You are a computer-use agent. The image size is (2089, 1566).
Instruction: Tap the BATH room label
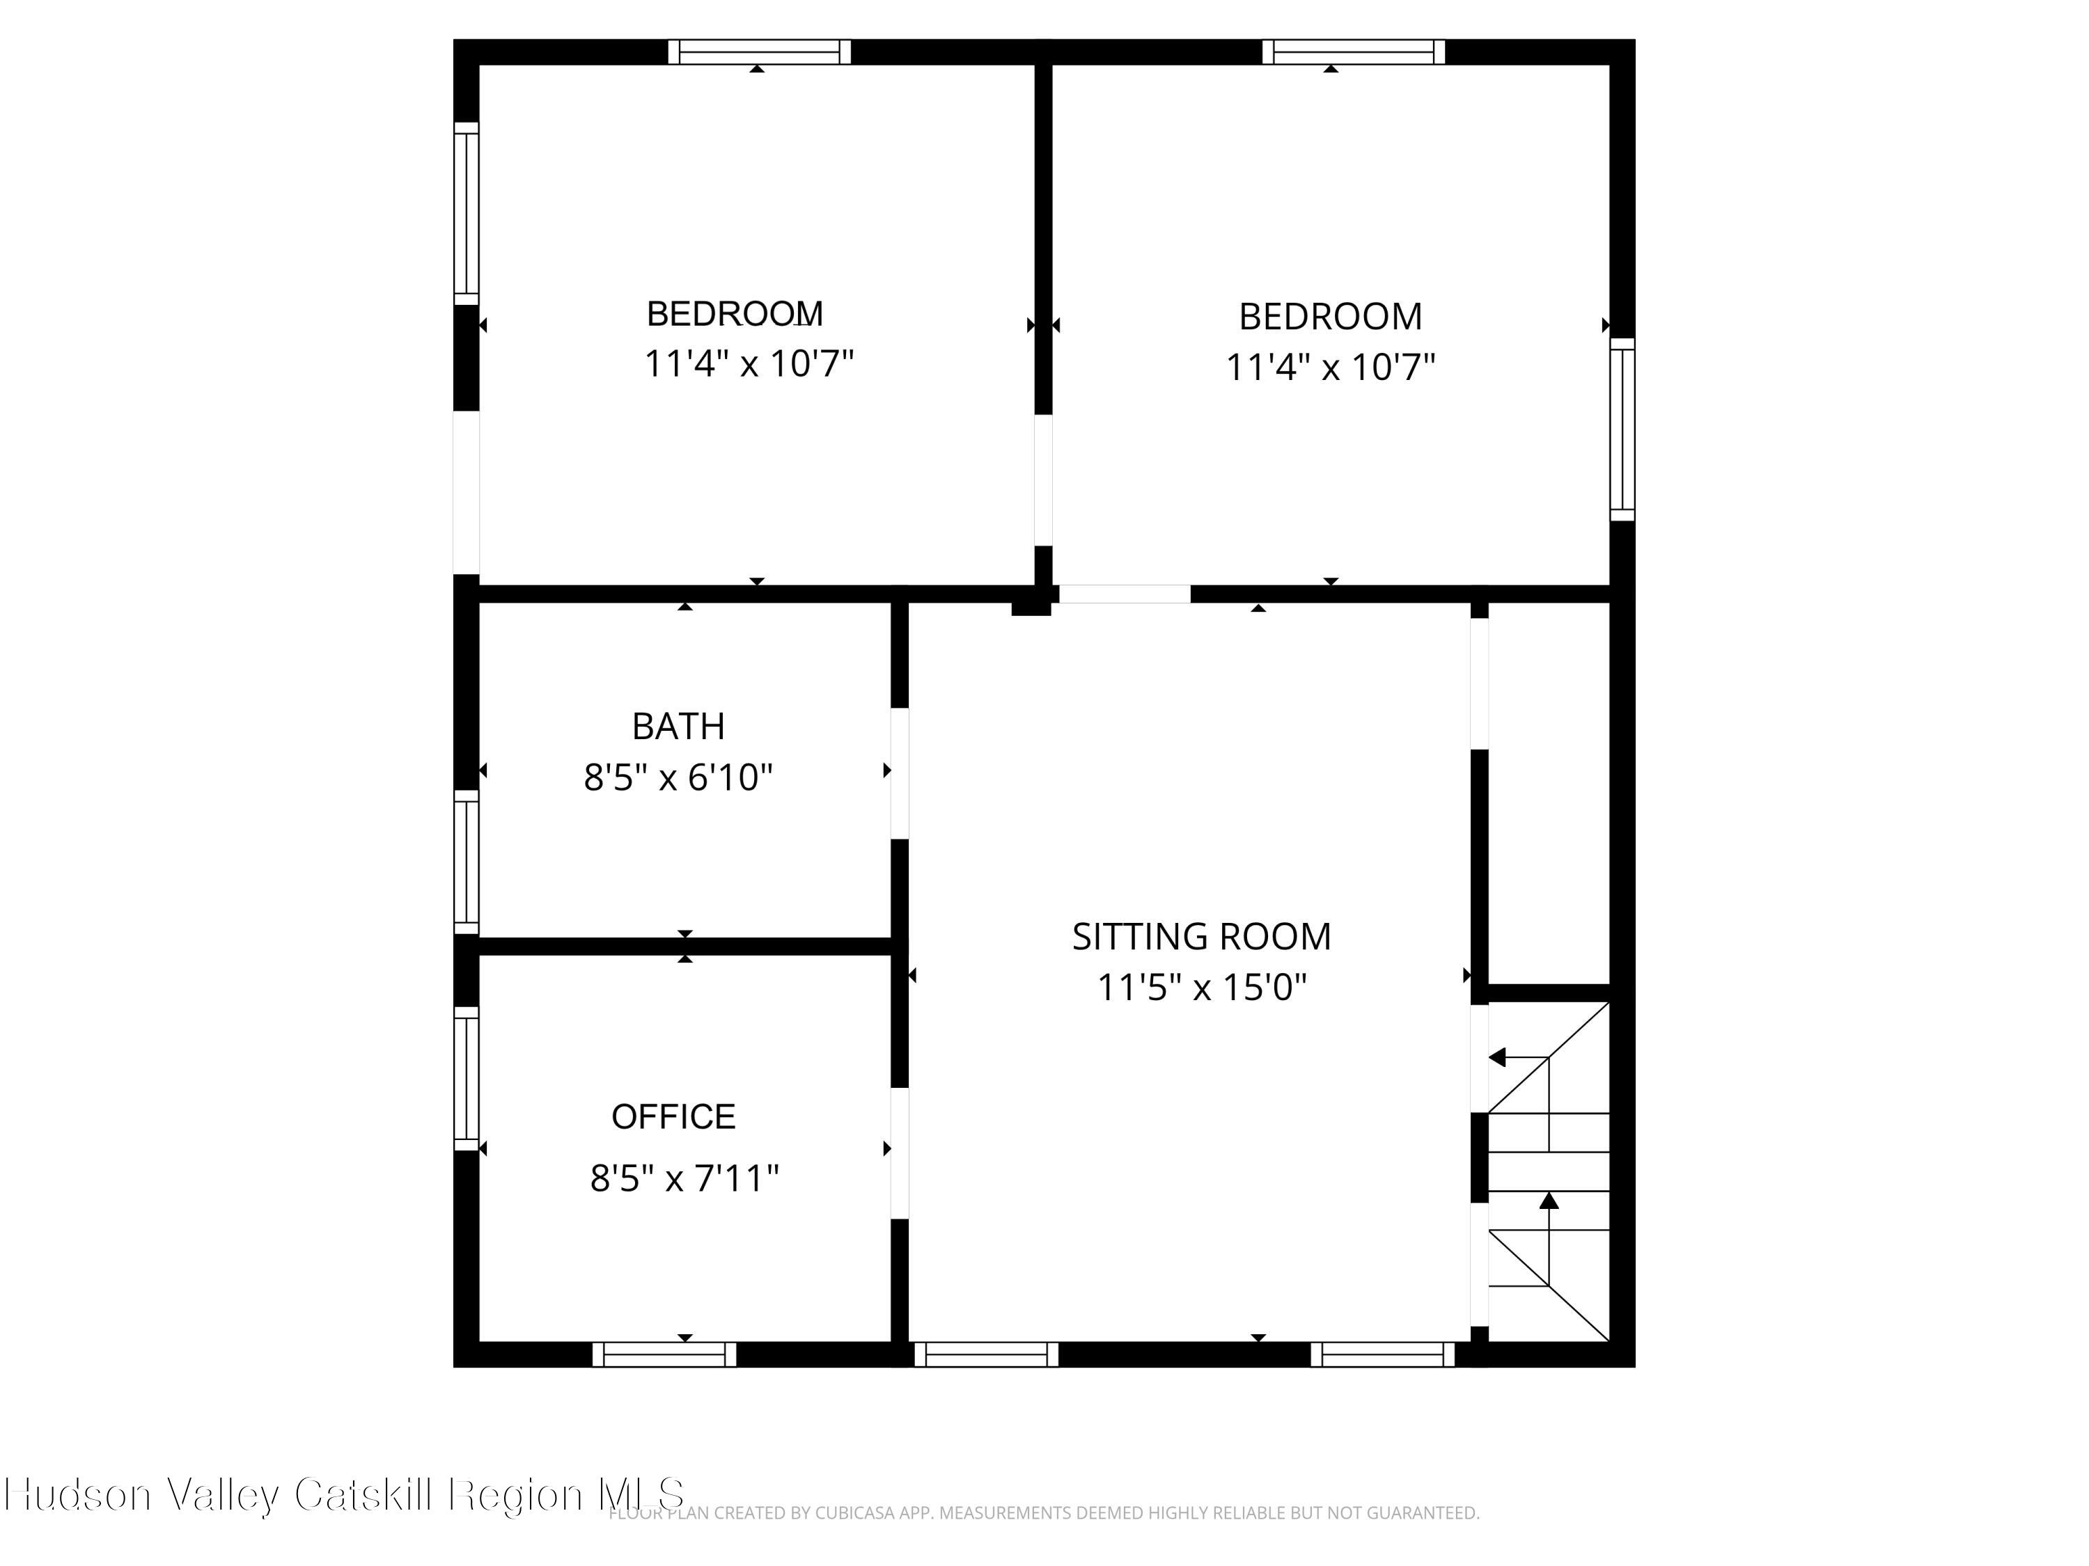point(678,727)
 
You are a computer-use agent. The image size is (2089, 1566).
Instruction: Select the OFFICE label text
point(673,1116)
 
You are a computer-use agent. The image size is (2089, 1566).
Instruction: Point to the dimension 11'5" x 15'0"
point(1200,988)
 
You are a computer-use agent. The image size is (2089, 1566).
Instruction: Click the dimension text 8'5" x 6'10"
point(678,778)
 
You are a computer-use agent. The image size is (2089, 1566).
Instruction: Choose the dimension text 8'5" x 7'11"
point(684,1179)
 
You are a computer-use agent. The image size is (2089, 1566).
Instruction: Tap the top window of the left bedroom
point(759,52)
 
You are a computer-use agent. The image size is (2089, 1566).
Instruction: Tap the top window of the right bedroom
point(1353,52)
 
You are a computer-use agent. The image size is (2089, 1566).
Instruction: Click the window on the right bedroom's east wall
point(1622,429)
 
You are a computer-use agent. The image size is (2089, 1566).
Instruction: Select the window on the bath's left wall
point(467,862)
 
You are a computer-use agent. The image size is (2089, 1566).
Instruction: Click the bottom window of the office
point(664,1354)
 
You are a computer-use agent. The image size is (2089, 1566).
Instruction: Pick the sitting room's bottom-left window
point(986,1354)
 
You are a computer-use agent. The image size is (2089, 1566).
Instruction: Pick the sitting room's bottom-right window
point(1383,1354)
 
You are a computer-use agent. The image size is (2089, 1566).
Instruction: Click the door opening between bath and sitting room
point(899,773)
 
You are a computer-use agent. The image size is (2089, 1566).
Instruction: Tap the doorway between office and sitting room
point(899,1153)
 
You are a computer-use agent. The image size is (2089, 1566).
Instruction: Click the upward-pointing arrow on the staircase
point(1549,1201)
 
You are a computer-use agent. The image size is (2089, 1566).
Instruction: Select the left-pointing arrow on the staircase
point(1498,1057)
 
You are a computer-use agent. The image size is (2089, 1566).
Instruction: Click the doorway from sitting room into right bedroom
point(1124,594)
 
